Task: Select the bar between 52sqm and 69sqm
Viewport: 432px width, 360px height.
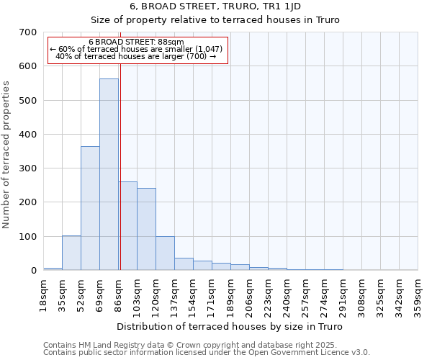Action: tap(90, 208)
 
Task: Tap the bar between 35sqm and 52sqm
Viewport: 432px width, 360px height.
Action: tap(71, 253)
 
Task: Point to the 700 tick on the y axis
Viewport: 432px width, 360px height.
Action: tap(27, 32)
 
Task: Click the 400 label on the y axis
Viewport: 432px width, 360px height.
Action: tap(27, 135)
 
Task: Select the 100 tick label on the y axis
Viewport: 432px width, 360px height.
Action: tap(27, 237)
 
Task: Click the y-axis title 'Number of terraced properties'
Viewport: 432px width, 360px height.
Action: tap(6, 155)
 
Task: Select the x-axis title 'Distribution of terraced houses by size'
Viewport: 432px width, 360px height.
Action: tap(230, 327)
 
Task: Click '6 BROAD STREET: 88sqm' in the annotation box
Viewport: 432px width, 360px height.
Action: tap(137, 42)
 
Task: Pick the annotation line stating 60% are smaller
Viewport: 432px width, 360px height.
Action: tap(137, 49)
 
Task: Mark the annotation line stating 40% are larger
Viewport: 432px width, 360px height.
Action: tap(137, 56)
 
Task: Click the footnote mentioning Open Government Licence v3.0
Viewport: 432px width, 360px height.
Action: tap(207, 352)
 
